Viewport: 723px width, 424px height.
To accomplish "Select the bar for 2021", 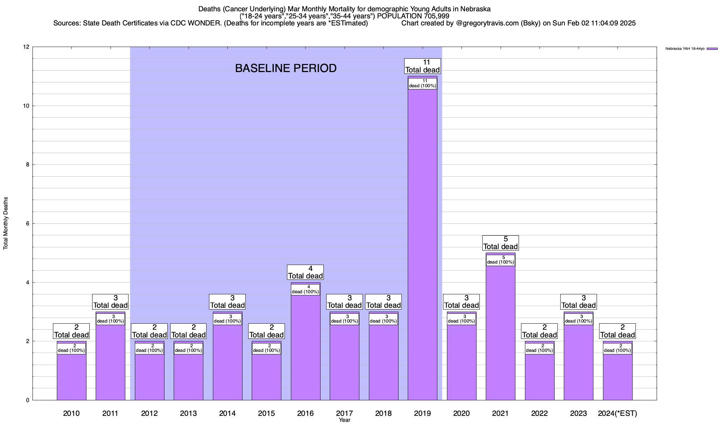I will coord(500,332).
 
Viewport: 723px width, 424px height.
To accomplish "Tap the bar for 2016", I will coord(305,346).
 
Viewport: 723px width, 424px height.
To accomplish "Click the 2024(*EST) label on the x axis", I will coord(617,413).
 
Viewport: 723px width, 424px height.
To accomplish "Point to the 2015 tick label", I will coord(266,413).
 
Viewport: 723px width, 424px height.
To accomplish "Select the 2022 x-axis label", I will coord(539,413).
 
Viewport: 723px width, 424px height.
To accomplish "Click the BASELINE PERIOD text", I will coord(286,68).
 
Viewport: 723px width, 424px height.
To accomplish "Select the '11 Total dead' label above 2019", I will coord(423,66).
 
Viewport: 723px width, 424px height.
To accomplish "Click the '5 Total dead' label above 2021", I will coord(501,243).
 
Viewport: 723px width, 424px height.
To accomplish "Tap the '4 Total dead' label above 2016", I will coord(305,272).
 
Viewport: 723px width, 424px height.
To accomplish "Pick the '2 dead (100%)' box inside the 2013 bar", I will coord(189,348).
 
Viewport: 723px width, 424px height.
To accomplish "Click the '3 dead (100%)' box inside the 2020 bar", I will coord(461,319).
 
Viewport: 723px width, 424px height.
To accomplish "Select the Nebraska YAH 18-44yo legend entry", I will coord(691,49).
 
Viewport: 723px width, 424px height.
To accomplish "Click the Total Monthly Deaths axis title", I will coord(6,223).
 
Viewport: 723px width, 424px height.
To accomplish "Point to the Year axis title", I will coord(344,420).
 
